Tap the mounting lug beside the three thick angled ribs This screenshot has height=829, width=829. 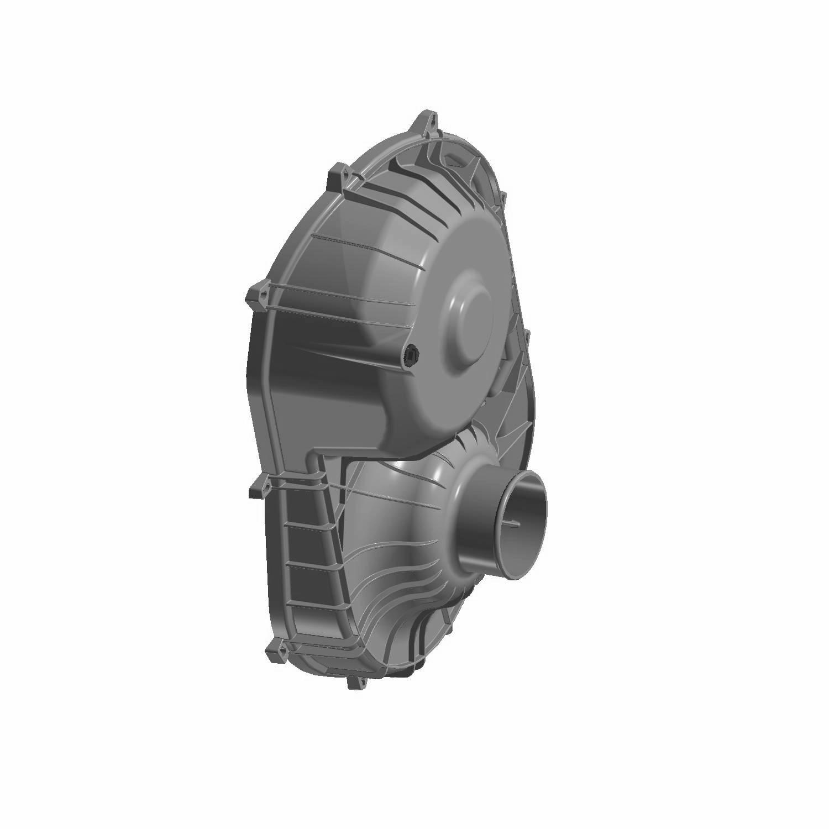pos(340,175)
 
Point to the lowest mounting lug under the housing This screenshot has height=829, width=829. pos(355,683)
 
